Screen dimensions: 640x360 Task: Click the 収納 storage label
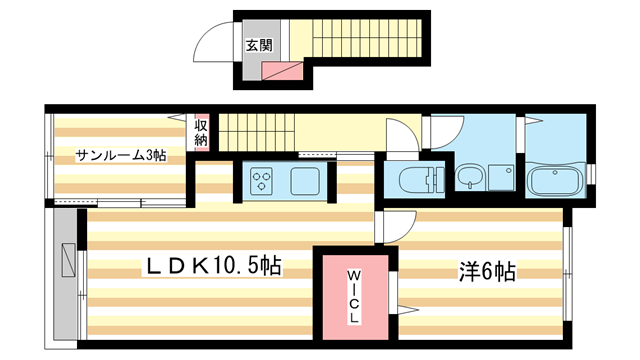pos(201,132)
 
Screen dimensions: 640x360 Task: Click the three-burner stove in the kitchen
pos(262,181)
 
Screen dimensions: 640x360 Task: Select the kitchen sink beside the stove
pos(304,181)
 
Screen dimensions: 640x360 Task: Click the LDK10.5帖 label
pos(214,266)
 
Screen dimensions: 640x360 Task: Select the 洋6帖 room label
pos(487,271)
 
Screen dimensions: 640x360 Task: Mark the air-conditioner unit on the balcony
pos(67,259)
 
